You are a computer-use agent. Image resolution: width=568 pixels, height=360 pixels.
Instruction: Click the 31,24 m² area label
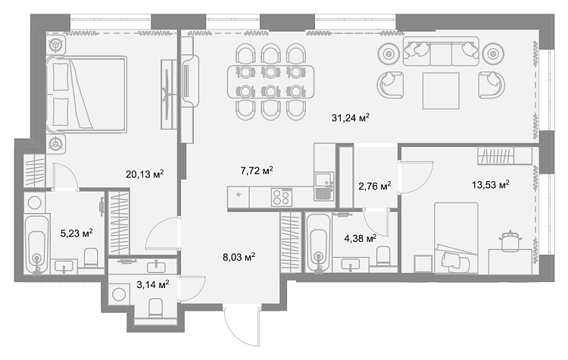click(x=351, y=117)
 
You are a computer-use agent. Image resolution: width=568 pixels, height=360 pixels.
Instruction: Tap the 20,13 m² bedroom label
click(x=145, y=174)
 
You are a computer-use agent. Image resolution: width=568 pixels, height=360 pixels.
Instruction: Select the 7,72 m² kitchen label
click(x=257, y=170)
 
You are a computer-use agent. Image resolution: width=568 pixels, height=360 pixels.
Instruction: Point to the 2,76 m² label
click(x=375, y=186)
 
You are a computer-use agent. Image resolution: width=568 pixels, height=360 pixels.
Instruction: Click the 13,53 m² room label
click(x=491, y=185)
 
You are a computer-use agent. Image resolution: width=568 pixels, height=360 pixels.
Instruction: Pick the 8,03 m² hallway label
click(x=239, y=258)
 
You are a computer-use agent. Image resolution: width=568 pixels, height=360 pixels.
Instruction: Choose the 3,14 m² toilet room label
click(x=153, y=285)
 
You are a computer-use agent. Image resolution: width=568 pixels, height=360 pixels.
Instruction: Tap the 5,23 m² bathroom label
click(x=76, y=233)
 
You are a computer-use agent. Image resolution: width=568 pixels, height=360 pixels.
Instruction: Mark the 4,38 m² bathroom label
click(x=360, y=239)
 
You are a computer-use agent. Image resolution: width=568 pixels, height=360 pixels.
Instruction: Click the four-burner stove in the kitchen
click(x=282, y=197)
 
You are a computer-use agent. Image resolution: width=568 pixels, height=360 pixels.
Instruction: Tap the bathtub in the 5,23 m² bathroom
click(x=36, y=244)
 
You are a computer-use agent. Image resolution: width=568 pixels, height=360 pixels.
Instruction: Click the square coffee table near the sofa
click(x=441, y=91)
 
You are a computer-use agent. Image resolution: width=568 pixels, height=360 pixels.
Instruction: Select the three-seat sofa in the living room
click(x=441, y=52)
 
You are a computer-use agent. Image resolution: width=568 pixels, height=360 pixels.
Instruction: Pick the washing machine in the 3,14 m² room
click(x=119, y=294)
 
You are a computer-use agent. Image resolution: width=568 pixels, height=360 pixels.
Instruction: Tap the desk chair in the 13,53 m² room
click(x=510, y=240)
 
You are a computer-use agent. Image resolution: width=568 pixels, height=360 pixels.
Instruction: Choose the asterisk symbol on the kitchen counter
click(x=239, y=196)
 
